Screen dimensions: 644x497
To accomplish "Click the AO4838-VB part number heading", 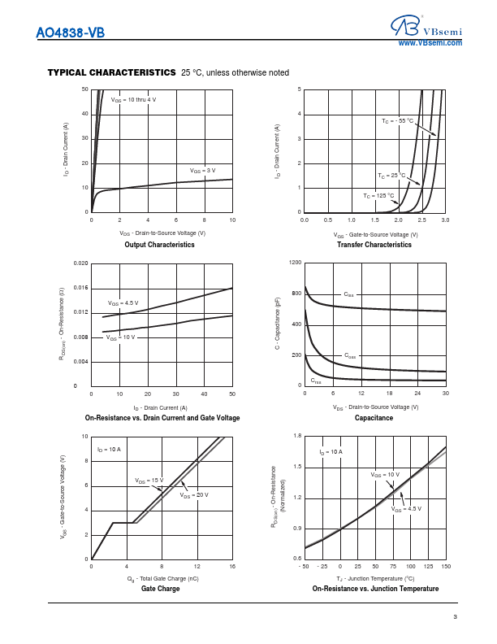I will pos(71,34).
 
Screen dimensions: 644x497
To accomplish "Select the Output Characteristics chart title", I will pos(159,245).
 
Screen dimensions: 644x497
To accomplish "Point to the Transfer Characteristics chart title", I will pos(374,245).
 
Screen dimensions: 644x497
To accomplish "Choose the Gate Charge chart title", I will pos(160,588).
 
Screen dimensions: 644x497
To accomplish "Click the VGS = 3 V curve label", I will pos(203,171).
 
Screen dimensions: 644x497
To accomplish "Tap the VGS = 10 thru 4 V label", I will pos(133,99).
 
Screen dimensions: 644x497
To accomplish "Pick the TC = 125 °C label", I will pos(378,196).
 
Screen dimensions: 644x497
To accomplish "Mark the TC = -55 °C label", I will pos(398,120).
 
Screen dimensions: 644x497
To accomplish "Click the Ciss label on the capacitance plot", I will pos(348,294).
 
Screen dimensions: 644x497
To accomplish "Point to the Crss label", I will pos(316,381).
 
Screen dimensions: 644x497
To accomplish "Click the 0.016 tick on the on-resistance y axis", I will pos(80,288).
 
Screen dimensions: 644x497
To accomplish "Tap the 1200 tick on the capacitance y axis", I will pos(295,263).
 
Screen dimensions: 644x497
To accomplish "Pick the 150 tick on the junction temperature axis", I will pos(446,566).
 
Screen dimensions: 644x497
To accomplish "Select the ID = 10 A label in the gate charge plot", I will pos(110,449).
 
